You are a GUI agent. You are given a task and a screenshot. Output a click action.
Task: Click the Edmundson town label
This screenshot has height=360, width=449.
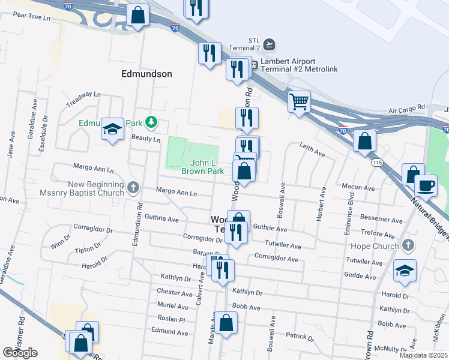tap(146, 74)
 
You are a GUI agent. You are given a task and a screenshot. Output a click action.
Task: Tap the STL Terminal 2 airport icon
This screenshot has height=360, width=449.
tap(270, 44)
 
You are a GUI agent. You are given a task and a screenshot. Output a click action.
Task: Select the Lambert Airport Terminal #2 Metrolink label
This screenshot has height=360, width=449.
tap(294, 69)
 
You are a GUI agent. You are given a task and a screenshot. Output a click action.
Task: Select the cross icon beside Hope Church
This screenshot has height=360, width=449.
tap(408, 245)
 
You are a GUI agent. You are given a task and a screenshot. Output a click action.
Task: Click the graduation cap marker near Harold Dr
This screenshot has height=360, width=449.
tap(405, 270)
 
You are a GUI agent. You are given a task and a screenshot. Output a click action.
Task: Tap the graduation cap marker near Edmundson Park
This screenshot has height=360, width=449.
tap(112, 129)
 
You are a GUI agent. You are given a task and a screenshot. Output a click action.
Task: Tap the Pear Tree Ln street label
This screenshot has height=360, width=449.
tap(31, 17)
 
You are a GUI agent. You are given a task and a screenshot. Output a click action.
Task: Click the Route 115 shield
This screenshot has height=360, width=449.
tap(376, 163)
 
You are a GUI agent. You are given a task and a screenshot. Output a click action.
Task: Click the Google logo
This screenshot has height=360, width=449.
tap(20, 353)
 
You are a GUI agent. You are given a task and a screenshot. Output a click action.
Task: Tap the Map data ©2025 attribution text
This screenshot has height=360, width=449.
tap(423, 355)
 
